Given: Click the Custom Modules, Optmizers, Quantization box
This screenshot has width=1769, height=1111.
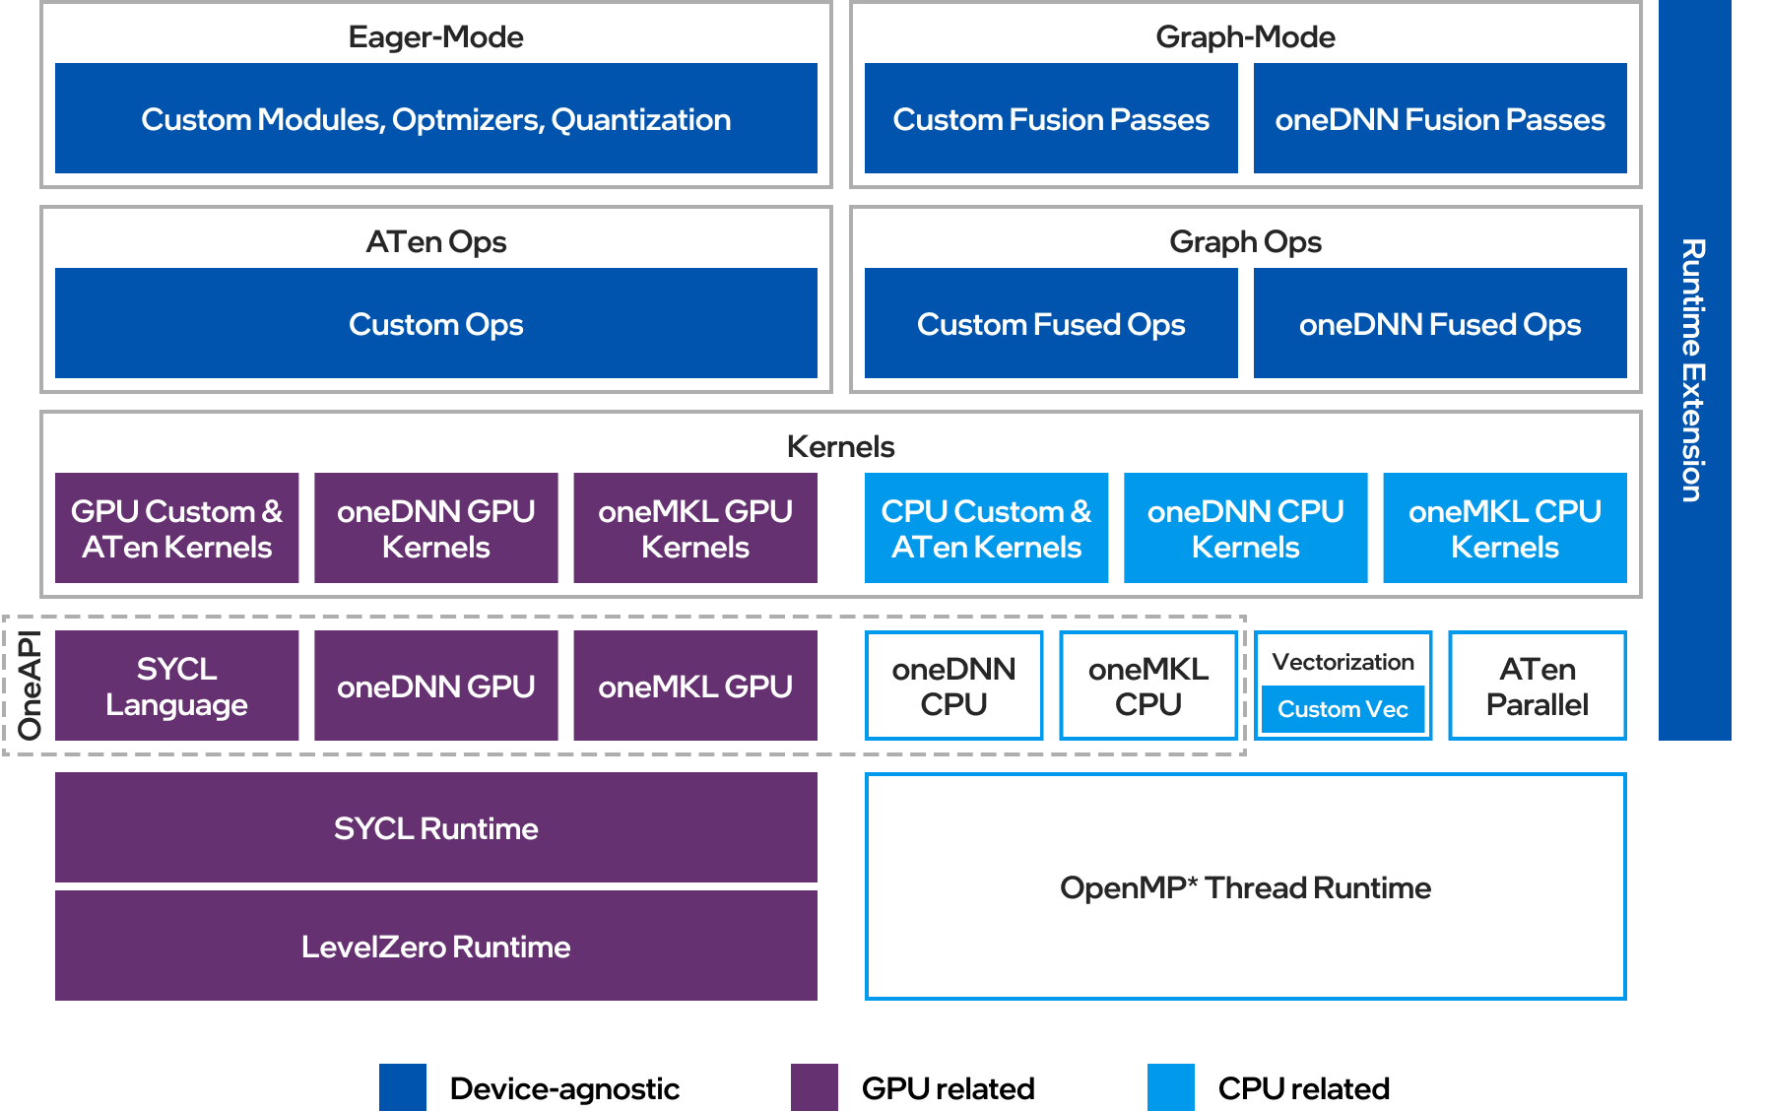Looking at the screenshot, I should click(435, 119).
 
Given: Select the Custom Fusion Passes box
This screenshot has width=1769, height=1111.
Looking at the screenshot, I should click(1050, 119).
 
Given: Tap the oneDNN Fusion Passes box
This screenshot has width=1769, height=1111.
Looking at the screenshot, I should click(1439, 119).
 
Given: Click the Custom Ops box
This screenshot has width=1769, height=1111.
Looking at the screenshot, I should click(435, 324).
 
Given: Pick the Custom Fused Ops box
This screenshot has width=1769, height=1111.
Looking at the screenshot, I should click(1050, 324).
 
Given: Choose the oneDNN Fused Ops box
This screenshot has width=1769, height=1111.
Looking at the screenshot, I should click(1439, 324).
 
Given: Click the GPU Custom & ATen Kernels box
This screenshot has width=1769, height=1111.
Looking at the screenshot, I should click(176, 529).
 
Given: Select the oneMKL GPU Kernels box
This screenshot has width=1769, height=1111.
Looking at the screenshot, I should click(694, 529).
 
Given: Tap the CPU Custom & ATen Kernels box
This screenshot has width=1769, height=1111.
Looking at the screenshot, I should click(986, 529).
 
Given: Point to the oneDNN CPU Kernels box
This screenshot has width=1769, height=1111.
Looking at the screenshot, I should click(1245, 529).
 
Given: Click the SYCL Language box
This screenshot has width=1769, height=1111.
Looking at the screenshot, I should click(176, 686).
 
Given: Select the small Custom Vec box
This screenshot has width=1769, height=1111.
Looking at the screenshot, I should click(1343, 709).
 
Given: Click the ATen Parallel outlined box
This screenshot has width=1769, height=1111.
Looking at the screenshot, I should click(1537, 686).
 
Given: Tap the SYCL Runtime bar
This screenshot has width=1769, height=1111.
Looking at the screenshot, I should click(435, 828).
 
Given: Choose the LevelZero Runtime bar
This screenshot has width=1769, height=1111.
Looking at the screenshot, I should click(435, 947).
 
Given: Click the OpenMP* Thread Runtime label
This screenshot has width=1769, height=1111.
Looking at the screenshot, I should click(1245, 887).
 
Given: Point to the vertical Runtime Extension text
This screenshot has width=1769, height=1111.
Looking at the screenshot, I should click(1693, 369).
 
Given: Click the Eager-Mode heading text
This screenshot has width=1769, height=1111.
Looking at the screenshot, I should click(435, 37).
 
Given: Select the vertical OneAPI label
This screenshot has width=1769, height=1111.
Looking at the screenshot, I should click(30, 686).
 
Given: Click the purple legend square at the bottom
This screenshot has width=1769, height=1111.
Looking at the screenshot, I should click(814, 1087).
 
